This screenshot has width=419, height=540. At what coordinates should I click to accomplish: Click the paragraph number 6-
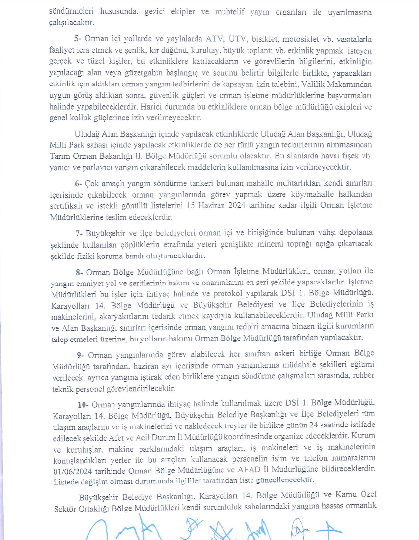78,183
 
